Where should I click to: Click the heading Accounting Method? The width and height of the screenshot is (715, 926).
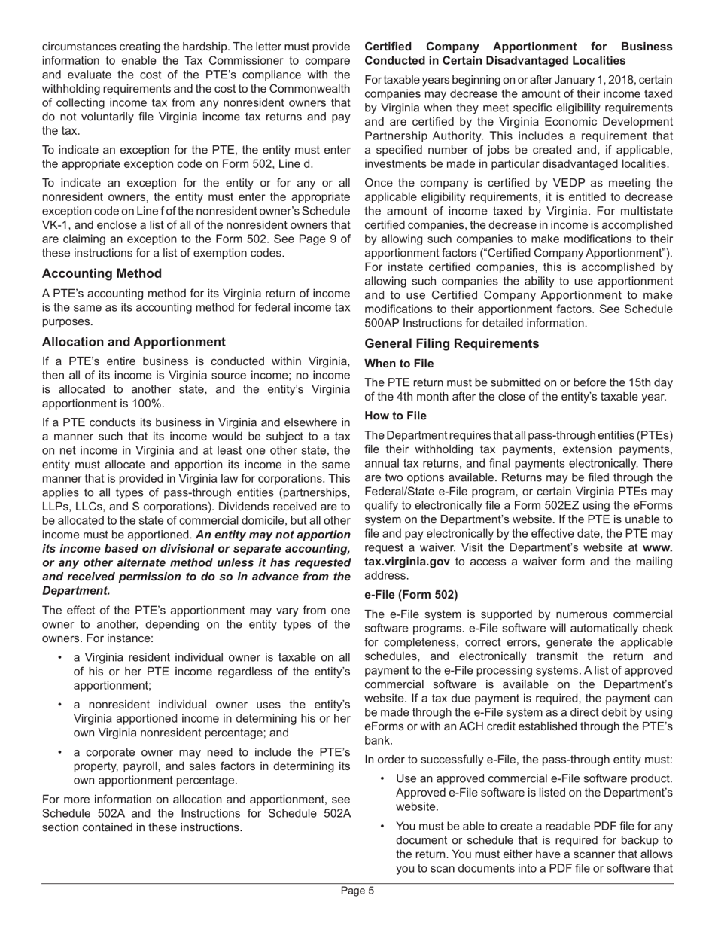[102, 273]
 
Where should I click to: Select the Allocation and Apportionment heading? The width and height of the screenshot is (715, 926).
[133, 342]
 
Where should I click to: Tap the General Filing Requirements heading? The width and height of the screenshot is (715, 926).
[452, 343]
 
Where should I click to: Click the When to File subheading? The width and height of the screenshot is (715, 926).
[399, 364]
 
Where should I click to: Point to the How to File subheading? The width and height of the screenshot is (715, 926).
[395, 416]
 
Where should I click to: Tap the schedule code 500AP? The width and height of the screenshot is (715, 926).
[383, 323]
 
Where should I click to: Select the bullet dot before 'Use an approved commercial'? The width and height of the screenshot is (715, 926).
[382, 778]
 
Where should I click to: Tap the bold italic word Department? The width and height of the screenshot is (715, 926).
[76, 591]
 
